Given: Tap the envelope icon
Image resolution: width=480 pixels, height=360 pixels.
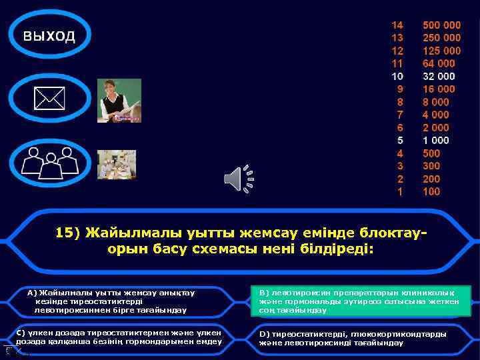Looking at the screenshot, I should (x=49, y=99).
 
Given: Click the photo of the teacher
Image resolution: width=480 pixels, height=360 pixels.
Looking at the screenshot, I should (x=119, y=101).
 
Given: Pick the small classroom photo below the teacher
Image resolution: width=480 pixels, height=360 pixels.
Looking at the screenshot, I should (x=117, y=164).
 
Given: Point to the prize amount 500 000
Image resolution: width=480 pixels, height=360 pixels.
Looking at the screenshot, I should (x=441, y=25).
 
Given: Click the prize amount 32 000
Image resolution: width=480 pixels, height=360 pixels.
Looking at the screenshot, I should (x=439, y=76).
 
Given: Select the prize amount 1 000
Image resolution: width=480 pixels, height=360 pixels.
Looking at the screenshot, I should (x=436, y=141).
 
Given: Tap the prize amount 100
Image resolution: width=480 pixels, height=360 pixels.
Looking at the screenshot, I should (x=431, y=192).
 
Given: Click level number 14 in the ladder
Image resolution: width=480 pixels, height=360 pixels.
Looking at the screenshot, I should (x=397, y=25).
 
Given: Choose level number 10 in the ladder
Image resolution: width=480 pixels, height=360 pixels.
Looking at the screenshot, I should (x=397, y=76).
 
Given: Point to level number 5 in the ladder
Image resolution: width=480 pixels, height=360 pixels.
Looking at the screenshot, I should (x=400, y=141).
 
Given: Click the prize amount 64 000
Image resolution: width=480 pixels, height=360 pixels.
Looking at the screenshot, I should (x=439, y=63).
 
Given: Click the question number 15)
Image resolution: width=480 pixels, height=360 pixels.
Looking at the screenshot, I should (x=67, y=233).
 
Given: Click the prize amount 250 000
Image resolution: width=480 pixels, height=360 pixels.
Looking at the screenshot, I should (x=441, y=38).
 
